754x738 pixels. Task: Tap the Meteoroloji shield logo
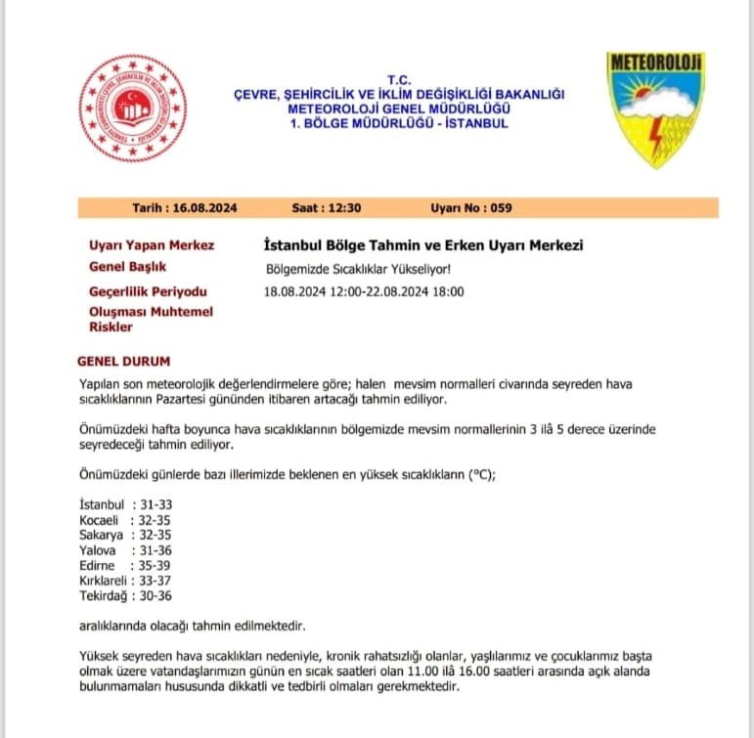coord(656,108)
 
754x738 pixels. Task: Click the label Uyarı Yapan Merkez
coord(152,245)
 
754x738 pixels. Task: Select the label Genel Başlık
coord(127,267)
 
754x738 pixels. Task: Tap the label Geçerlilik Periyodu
coord(148,291)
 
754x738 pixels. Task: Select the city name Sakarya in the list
coord(100,536)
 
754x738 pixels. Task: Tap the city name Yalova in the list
coord(97,551)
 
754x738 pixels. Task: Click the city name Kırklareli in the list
coord(106,582)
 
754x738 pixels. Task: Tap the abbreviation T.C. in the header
coord(400,79)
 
